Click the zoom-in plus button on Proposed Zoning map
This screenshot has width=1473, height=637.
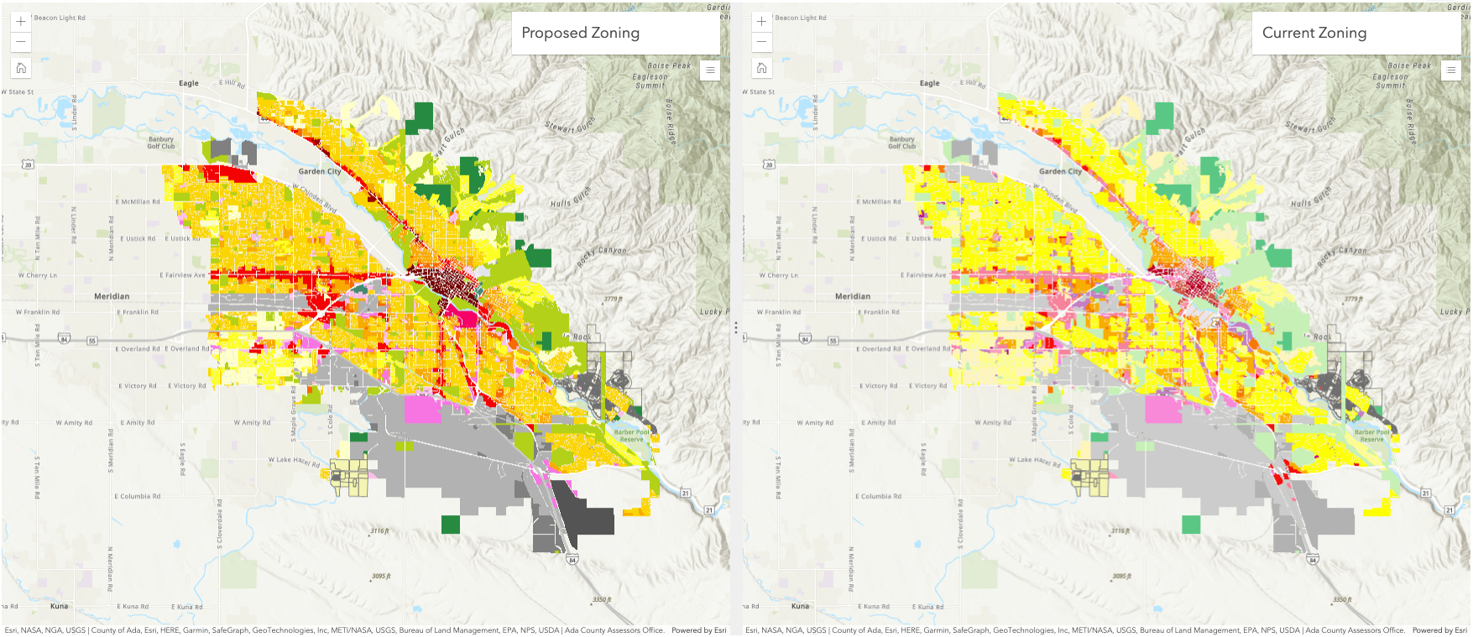coord(21,21)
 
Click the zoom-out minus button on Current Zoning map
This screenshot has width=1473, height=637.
coord(761,41)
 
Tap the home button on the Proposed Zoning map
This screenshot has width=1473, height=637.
coord(21,68)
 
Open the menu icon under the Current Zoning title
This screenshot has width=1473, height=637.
coord(1450,70)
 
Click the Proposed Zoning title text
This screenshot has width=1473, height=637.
coord(580,33)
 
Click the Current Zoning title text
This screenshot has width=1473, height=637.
coord(1314,33)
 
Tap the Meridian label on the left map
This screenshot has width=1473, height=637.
coord(112,296)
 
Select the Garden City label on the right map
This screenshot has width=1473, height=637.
coord(1060,171)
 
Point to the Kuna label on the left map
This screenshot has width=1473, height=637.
coord(59,606)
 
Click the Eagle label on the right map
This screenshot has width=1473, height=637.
coord(929,83)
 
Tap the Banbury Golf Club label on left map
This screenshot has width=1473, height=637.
coord(161,143)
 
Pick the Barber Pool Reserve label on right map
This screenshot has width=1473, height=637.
coord(1371,436)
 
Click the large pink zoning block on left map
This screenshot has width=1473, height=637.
coord(422,409)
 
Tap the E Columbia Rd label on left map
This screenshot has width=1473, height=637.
coord(137,496)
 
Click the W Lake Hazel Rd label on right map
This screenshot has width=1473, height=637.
coord(1034,461)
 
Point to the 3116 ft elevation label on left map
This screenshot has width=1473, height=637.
coord(379,530)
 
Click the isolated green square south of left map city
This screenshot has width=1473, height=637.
coord(451,525)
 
